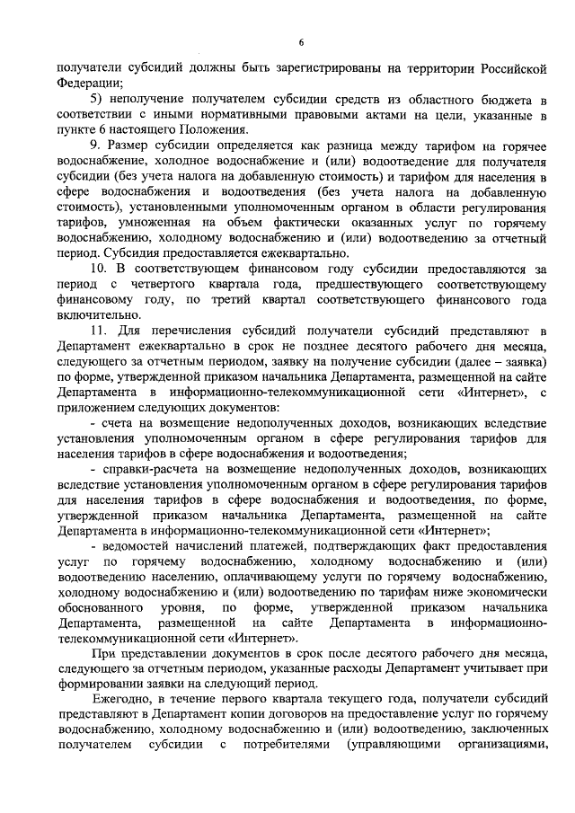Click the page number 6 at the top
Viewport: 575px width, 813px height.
coord(302,42)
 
